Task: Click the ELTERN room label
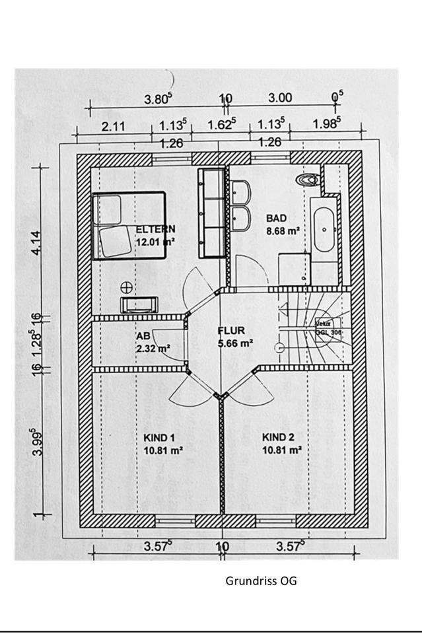tap(155, 229)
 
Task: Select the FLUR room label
tap(232, 331)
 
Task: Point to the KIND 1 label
tap(159, 437)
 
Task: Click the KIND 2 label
tap(278, 437)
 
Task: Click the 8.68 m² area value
tap(283, 231)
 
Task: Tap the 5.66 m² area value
tap(236, 343)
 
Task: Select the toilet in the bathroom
tap(308, 180)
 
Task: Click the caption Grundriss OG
tap(262, 581)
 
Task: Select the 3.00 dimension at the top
tap(280, 98)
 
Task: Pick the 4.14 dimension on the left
tap(37, 242)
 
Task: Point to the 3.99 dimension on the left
tap(38, 442)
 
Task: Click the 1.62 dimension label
tap(223, 125)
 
